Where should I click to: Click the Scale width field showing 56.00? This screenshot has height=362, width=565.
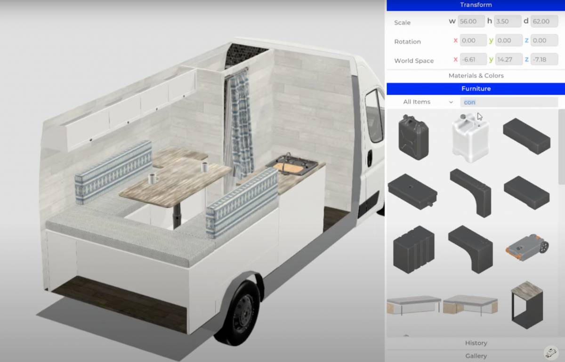(470, 21)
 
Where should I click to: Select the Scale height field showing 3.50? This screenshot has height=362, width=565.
(508, 21)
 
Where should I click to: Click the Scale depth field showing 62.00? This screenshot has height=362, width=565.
(544, 21)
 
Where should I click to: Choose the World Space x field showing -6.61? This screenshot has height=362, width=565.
(473, 59)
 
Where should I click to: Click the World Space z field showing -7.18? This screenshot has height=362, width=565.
(544, 59)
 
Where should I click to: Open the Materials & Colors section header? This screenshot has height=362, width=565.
(476, 75)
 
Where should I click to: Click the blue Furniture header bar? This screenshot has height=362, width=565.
(476, 88)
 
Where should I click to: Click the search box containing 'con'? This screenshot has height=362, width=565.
(508, 102)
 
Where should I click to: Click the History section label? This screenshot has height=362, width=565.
(476, 343)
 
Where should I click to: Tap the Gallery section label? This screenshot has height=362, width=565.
(476, 356)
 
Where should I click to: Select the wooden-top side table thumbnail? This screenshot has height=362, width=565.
(527, 304)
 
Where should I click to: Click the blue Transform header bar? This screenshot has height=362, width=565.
(476, 5)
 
